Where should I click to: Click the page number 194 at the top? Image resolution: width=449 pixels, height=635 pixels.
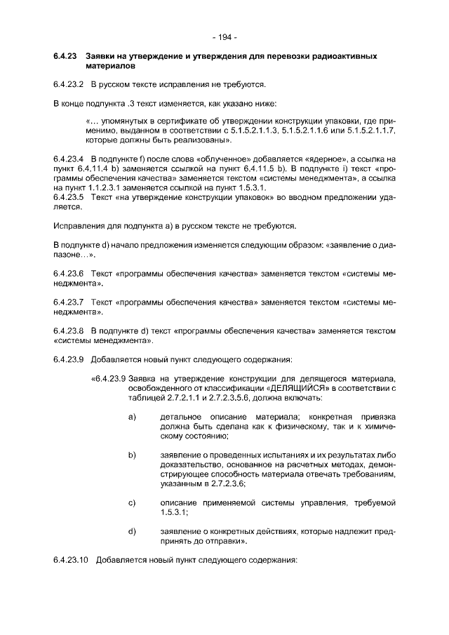pos(224,36)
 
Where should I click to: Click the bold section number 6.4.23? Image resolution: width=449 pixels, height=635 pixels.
pos(65,55)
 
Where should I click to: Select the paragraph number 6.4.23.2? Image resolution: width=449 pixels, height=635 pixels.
pos(68,85)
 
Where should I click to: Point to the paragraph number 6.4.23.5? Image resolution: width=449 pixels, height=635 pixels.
pos(68,198)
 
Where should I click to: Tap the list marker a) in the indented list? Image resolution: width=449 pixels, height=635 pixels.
pos(131,417)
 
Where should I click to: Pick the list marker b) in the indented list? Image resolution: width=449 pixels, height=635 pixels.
pos(131,456)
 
